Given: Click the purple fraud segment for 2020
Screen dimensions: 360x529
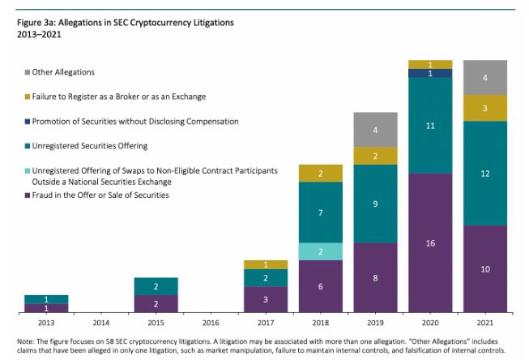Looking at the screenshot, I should [429, 242].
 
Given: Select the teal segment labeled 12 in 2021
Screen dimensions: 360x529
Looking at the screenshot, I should [484, 174].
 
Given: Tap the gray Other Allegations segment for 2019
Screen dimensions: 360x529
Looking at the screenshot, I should [375, 130].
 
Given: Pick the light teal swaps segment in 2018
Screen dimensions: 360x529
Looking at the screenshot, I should [320, 251].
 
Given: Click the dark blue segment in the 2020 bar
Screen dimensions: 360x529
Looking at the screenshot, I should [429, 73].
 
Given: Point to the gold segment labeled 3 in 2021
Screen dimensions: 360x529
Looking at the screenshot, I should [484, 108].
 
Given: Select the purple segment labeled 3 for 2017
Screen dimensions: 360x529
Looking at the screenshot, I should [266, 299].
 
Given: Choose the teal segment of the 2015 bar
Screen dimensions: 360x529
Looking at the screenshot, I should [156, 286].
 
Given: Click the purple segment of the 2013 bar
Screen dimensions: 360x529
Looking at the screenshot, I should [46, 308].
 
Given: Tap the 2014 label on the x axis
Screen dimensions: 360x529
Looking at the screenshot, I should [101, 323].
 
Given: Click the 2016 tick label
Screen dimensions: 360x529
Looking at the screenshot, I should [211, 323].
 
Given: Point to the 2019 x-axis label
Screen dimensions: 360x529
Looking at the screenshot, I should [375, 323].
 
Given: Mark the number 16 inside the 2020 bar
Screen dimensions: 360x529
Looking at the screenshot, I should [429, 242].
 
